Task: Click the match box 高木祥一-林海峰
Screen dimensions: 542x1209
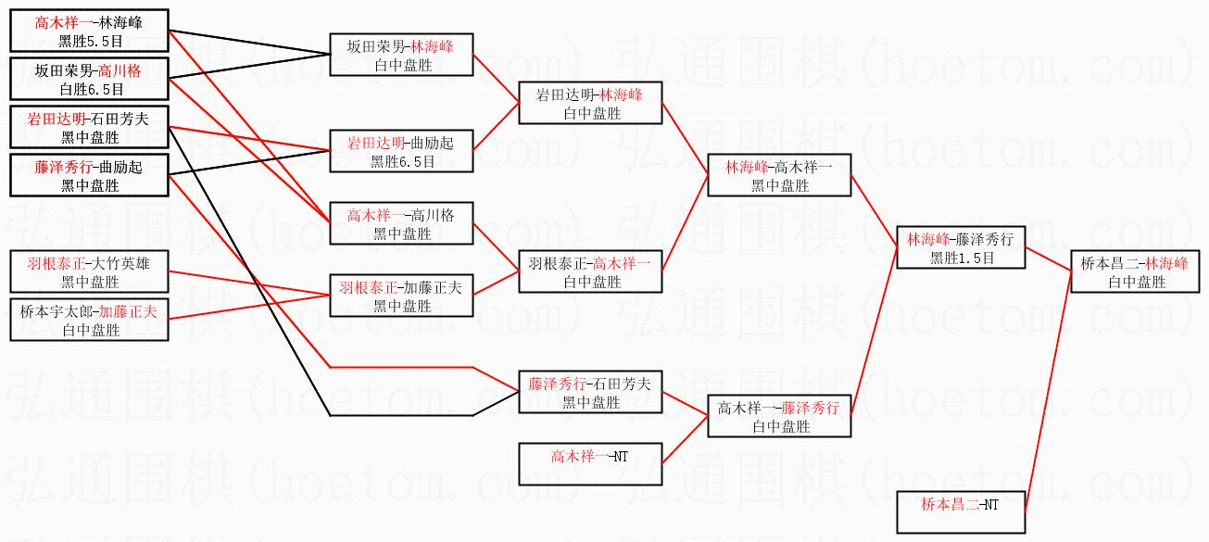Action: tap(89, 30)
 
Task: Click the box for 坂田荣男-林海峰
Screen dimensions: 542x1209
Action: tap(400, 55)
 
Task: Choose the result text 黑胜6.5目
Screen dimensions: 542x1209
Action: tap(402, 161)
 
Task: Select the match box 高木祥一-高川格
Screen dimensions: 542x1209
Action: tap(402, 224)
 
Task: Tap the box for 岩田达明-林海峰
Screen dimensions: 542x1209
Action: tap(590, 103)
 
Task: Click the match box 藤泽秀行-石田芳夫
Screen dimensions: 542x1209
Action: tap(590, 392)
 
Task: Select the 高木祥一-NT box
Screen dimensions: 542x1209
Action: tap(590, 464)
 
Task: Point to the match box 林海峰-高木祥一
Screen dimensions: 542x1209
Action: tap(778, 175)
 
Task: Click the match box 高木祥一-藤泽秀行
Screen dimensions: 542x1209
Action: tap(778, 416)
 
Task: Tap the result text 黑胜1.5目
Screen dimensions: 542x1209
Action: tap(962, 259)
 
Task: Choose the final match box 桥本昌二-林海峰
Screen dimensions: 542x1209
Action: tap(1136, 272)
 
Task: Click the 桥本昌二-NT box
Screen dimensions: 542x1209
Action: tap(962, 513)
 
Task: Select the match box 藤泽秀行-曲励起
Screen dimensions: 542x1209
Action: tap(89, 175)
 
